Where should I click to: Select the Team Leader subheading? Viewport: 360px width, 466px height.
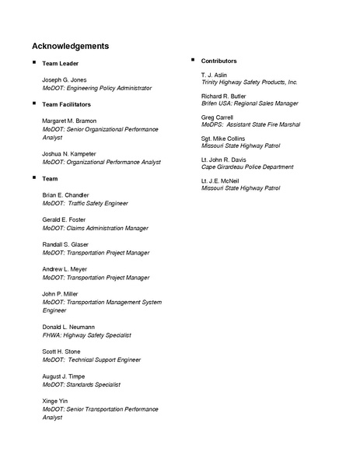coord(60,63)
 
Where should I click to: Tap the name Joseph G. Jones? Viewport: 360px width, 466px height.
coord(65,80)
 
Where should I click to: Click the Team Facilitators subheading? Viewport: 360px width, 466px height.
coord(66,103)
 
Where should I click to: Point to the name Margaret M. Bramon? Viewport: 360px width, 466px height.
coord(68,121)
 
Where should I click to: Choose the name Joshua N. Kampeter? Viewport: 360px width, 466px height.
coord(69,154)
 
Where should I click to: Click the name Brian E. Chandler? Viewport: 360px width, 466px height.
coord(65,194)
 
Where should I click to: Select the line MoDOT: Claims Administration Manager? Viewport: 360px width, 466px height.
coord(95,228)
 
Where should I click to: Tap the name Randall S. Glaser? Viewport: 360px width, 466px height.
coord(65,244)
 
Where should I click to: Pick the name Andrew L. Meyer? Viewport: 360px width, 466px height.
coord(64,268)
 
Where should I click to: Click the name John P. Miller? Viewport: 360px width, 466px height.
coord(60,293)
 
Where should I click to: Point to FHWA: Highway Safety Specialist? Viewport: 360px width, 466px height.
coord(87,335)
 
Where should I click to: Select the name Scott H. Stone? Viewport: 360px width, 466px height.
coord(61,352)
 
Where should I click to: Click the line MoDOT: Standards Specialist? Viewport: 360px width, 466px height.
coord(81,384)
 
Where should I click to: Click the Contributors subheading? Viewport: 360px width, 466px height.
coord(218,61)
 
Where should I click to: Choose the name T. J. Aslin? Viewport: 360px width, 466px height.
coord(213,74)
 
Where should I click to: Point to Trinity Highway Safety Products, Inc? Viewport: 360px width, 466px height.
coord(249,82)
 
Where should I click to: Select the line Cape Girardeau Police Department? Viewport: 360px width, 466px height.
coord(247,166)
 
